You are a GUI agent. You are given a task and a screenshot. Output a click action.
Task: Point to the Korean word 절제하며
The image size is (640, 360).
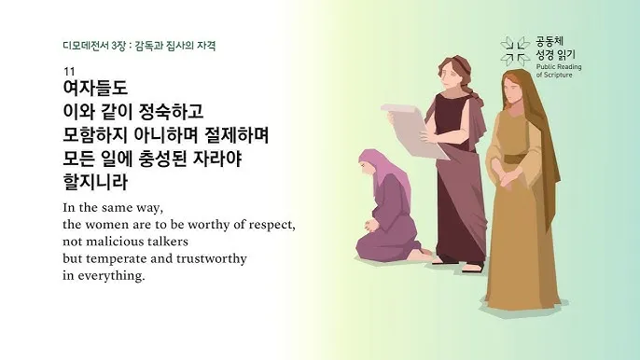pyautogui.click(x=235, y=135)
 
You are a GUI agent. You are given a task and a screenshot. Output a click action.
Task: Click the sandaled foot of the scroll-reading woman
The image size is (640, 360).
pyautogui.click(x=469, y=267)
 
